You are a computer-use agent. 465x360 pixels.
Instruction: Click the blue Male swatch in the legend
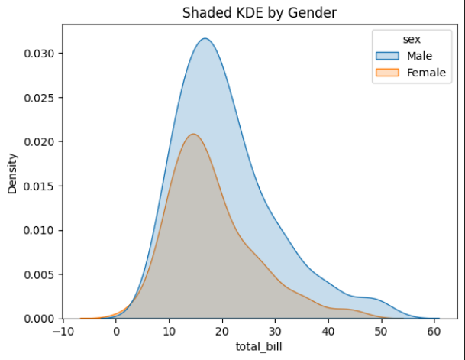388,56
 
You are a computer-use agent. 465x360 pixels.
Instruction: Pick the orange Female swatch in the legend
388,73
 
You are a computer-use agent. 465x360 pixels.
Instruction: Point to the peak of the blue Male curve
205,38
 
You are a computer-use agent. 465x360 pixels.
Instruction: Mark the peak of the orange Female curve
194,135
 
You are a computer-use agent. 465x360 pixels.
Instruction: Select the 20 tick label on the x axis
221,332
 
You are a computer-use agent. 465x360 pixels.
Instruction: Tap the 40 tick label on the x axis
328,332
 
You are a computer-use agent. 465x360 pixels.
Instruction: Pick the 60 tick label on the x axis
434,332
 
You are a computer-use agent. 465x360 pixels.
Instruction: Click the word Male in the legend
419,56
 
